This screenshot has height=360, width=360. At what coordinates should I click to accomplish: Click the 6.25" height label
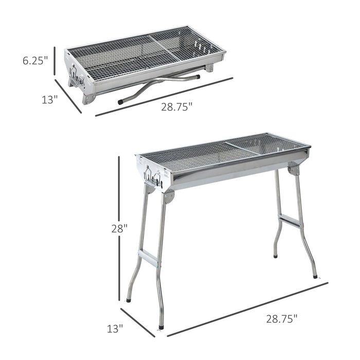35,60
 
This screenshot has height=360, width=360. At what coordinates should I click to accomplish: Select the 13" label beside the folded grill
49,100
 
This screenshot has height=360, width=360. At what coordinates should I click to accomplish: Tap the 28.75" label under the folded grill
176,106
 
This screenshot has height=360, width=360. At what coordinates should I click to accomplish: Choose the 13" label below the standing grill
116,327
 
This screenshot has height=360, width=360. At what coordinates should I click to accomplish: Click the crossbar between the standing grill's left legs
149,258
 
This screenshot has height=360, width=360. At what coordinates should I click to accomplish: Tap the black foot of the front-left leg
161,325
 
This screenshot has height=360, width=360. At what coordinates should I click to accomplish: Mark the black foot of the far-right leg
315,276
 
